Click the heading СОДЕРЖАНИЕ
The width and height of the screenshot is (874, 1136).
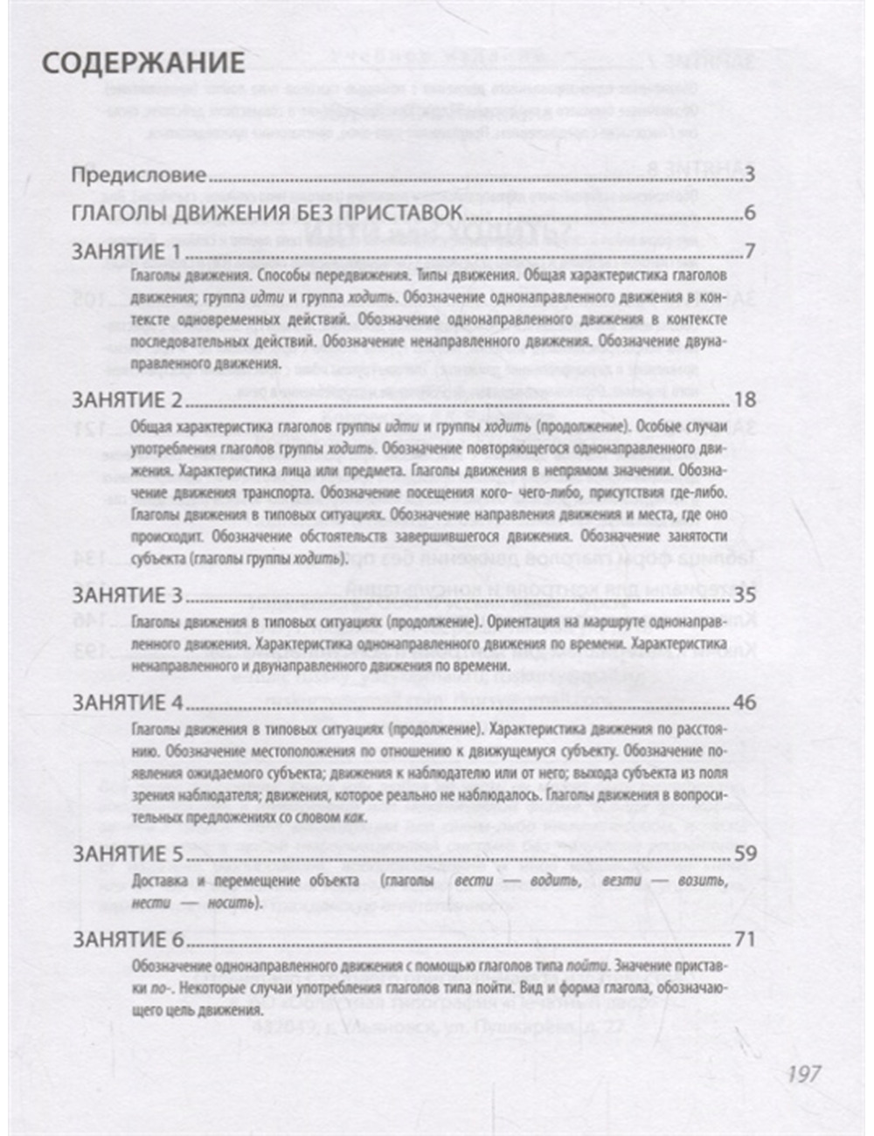click(143, 63)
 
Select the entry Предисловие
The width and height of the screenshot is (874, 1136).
click(139, 175)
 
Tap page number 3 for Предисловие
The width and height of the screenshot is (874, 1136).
click(749, 175)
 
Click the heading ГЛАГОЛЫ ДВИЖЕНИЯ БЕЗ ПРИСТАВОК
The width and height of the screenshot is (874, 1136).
click(268, 214)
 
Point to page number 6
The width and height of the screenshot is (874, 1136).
click(749, 214)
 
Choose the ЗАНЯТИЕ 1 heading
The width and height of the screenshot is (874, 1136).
click(129, 253)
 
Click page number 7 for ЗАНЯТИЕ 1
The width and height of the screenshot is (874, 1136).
click(749, 253)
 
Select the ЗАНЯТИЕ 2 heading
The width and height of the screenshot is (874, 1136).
click(129, 400)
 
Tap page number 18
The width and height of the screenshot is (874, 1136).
click(745, 400)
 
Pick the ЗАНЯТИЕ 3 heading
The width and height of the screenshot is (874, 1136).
click(129, 595)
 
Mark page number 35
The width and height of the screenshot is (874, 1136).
click(745, 595)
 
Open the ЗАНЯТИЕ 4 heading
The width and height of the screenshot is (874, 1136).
click(129, 703)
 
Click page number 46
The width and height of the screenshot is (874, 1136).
click(745, 703)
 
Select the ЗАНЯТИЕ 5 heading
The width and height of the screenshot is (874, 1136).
click(129, 854)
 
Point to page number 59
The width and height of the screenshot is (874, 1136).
click(745, 854)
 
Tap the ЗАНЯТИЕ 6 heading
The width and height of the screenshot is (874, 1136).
click(129, 940)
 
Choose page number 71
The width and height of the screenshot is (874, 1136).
click(745, 940)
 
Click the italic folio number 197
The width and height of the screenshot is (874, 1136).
click(802, 1072)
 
